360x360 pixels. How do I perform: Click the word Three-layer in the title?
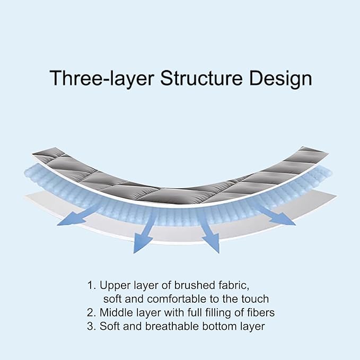(x=101, y=78)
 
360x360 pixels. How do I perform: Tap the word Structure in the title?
(x=201, y=77)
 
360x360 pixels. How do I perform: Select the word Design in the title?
(x=280, y=78)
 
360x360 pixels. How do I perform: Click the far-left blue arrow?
(x=77, y=215)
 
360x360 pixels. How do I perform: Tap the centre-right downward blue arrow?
(x=209, y=231)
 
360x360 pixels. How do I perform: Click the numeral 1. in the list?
(x=92, y=285)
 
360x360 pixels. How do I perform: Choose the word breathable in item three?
(x=172, y=326)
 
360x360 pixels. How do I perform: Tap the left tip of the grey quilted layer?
(x=32, y=153)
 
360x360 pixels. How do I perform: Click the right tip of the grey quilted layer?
(x=328, y=153)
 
